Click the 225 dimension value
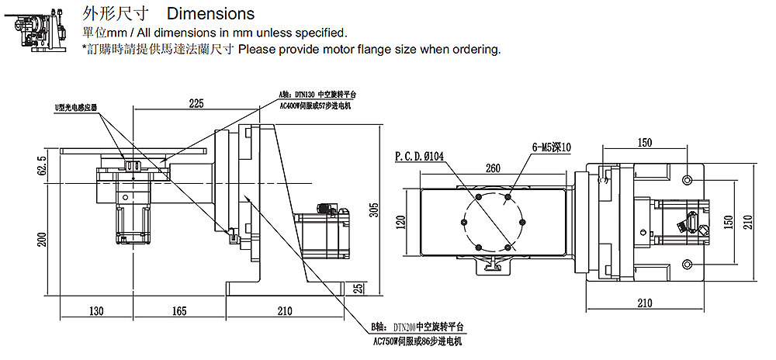coord(196,102)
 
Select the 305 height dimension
coord(373,210)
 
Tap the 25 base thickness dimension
coord(358,287)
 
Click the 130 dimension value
coord(95,311)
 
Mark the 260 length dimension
coord(493,168)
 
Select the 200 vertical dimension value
coord(42,239)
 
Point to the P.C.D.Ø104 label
coord(419,155)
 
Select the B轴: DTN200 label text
coord(420,328)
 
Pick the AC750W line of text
coord(417,341)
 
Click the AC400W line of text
coord(314,105)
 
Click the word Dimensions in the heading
coord(210,14)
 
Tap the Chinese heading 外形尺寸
coord(114,14)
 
